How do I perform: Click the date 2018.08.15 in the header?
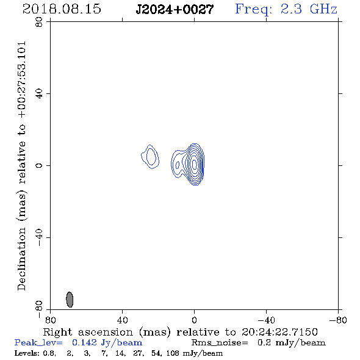62,9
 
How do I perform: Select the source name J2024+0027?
175,9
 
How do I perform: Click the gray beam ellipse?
70,300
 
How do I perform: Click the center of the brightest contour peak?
195,164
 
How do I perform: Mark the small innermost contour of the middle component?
177,165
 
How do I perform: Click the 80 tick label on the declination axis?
39,22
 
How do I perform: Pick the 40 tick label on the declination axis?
39,94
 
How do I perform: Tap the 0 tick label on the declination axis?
39,165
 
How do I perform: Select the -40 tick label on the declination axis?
39,237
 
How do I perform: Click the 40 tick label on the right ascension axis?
122,320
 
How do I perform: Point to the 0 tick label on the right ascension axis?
194,320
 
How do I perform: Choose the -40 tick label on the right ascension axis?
266,320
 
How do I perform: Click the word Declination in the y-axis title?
21,259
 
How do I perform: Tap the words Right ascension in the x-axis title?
88,332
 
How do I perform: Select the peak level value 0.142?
84,342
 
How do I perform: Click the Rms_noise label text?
220,343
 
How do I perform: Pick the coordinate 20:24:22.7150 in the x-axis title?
279,332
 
